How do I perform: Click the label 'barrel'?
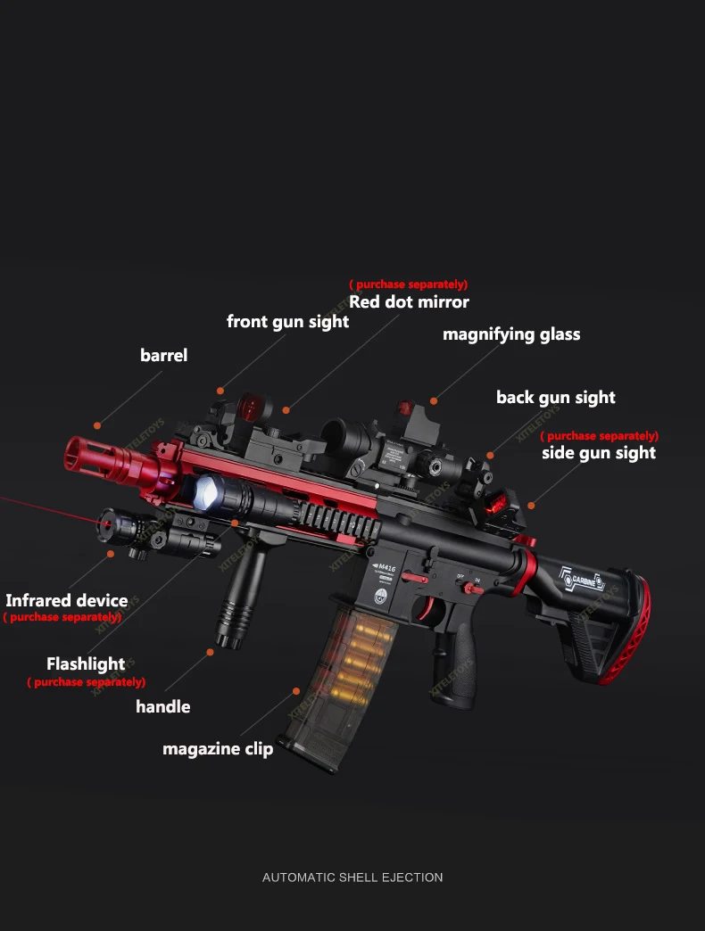tap(163, 355)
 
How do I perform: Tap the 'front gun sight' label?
tap(287, 321)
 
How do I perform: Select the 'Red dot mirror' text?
tap(409, 301)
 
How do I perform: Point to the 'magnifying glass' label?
tap(511, 334)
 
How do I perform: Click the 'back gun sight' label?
tap(555, 397)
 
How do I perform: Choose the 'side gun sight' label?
tap(598, 452)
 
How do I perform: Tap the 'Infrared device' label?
tap(66, 600)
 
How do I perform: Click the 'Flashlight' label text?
tap(86, 663)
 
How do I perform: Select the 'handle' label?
tap(162, 706)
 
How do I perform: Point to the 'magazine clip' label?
tap(218, 748)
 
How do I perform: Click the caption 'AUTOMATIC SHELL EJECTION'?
tap(352, 877)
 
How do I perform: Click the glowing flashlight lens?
tap(206, 490)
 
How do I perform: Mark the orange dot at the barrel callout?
tap(97, 425)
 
